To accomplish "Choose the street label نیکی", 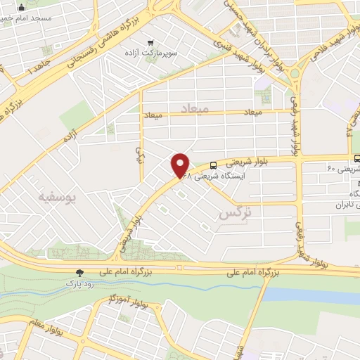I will click(139, 154).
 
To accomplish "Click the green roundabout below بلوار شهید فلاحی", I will click(295, 72).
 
